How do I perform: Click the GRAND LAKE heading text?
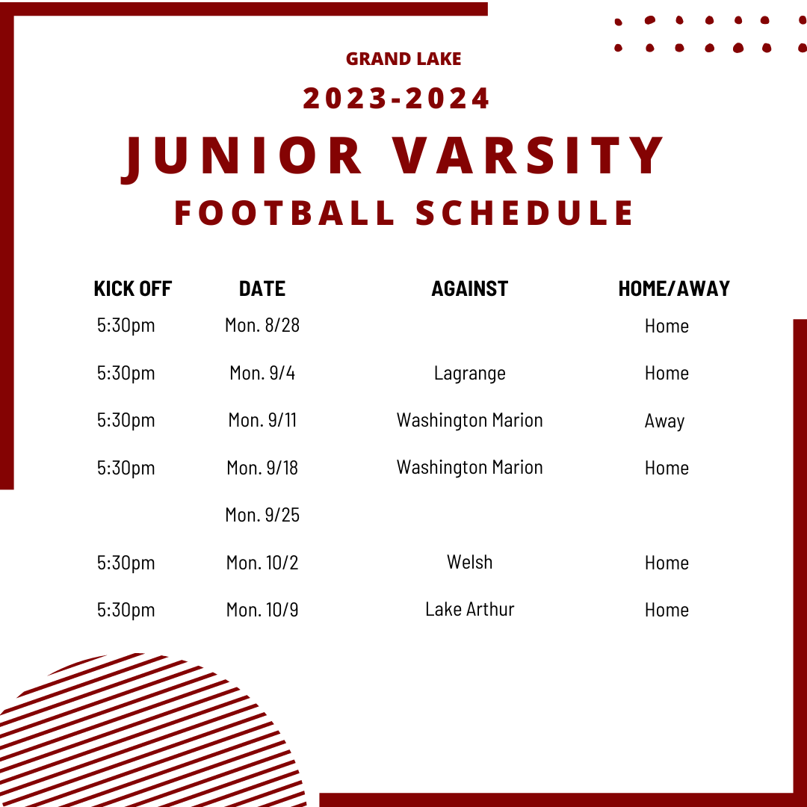pos(403,58)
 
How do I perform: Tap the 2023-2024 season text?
pos(397,99)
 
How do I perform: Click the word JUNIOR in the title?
pos(242,156)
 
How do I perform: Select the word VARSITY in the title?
pos(535,156)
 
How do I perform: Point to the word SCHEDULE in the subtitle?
pos(525,212)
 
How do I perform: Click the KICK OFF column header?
pos(133,288)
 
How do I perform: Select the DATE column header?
pos(262,288)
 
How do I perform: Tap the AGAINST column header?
pos(469,288)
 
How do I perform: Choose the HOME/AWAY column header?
pos(674,288)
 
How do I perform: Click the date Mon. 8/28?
pos(262,325)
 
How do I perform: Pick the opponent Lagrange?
pos(469,373)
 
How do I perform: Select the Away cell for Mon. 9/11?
pos(664,421)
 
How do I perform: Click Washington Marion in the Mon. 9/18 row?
pos(469,467)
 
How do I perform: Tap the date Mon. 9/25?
pos(262,515)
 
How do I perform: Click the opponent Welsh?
pos(469,562)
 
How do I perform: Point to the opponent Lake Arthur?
pos(469,609)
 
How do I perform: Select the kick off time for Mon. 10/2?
pos(126,563)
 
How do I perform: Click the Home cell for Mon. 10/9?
pos(667,610)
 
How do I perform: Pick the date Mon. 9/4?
pos(262,373)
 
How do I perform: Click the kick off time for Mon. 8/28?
pos(126,326)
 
